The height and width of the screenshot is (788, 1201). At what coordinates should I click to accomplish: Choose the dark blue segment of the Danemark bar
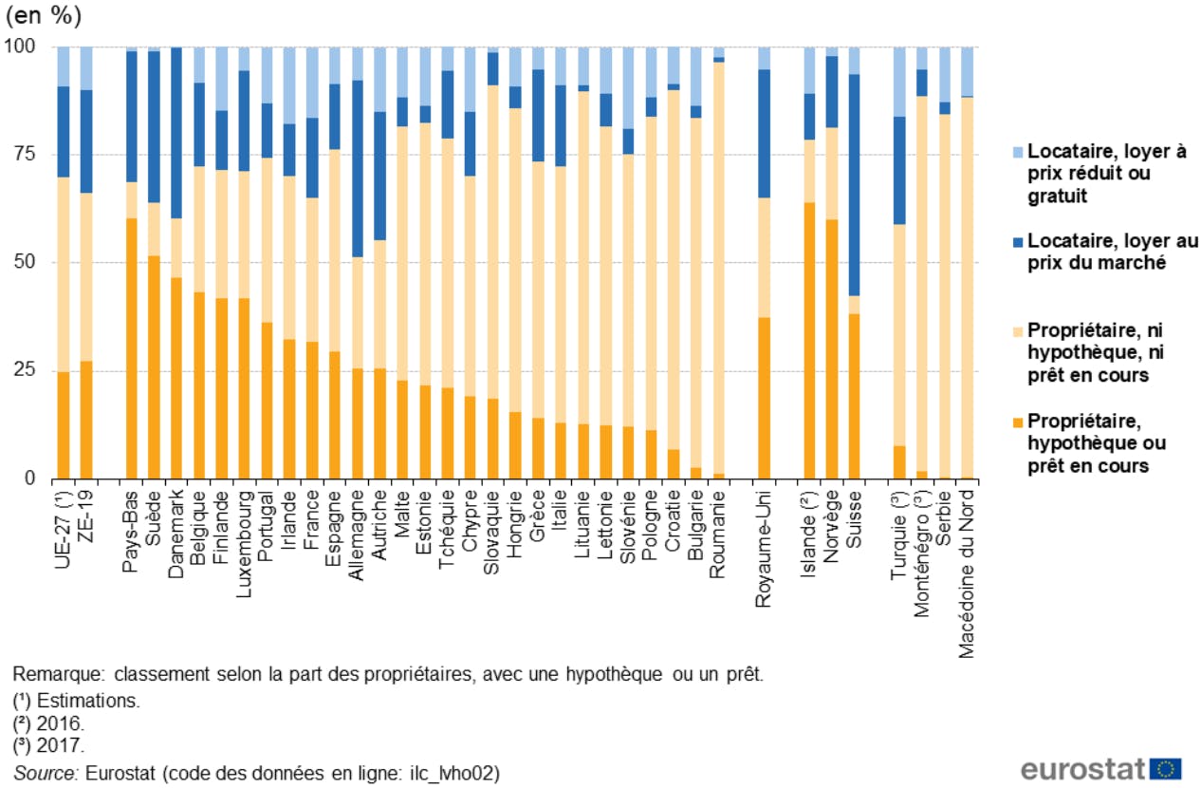coord(176,133)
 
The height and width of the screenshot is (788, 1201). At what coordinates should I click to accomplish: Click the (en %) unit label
coord(42,18)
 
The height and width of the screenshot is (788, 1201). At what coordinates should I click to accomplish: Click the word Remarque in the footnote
coord(57,675)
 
